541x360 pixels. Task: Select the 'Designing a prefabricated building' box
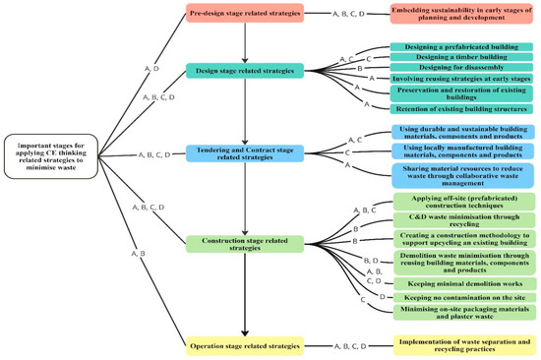click(x=461, y=46)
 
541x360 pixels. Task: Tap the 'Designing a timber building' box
click(x=461, y=58)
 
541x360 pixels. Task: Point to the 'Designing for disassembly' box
click(x=461, y=70)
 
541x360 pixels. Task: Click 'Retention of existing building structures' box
click(x=461, y=108)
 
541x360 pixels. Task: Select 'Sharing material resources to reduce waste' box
click(x=461, y=174)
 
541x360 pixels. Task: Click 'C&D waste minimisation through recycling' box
click(x=461, y=219)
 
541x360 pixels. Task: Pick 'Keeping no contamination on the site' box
click(x=461, y=296)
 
